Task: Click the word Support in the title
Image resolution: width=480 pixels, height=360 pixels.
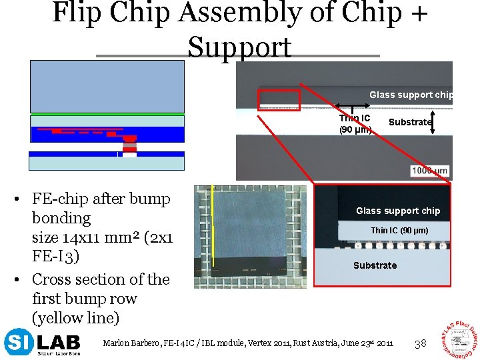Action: [239, 47]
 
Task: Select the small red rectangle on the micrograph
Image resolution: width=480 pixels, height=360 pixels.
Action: [279, 99]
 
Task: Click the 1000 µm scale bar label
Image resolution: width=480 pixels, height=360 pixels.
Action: [430, 171]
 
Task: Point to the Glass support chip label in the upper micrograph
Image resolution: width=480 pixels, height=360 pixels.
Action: [411, 95]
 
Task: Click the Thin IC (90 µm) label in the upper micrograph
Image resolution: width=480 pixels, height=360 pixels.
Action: [355, 124]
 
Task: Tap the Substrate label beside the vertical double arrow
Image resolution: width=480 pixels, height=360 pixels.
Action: [409, 122]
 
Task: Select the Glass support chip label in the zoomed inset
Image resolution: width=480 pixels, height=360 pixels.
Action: [398, 211]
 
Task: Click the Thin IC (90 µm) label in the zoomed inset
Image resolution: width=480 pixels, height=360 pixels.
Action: [399, 231]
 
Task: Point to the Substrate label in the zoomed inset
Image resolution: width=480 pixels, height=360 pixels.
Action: [375, 265]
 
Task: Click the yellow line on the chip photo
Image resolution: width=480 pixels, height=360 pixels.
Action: [213, 227]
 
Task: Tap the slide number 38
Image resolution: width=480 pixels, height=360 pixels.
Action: [421, 344]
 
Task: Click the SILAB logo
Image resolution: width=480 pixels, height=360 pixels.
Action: [41, 343]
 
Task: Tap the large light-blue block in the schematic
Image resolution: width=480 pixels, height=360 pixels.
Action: [107, 86]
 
